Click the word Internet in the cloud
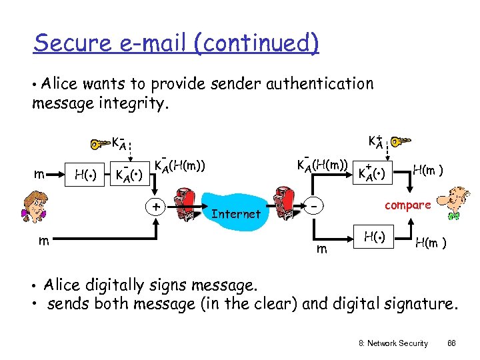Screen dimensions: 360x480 (235, 214)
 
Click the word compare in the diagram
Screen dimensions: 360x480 (407, 205)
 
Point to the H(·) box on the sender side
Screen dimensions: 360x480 (86, 175)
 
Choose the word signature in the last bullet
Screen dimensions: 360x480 (421, 305)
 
